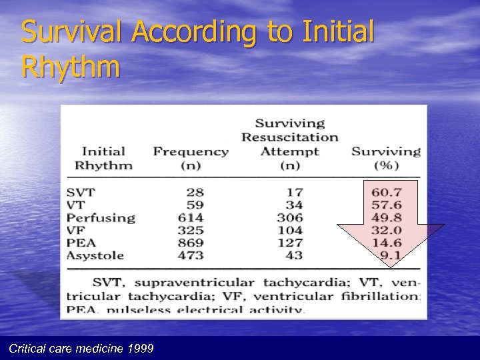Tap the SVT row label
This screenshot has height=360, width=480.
(81, 192)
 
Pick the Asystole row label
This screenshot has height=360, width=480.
(95, 255)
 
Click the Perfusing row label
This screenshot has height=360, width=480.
(101, 217)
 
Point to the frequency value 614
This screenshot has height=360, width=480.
(191, 217)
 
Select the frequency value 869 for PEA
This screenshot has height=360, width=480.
(191, 243)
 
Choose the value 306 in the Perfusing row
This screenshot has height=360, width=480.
(289, 217)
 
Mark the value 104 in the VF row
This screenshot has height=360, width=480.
(289, 230)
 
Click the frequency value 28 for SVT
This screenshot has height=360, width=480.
(195, 192)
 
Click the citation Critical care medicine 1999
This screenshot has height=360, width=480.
(79, 348)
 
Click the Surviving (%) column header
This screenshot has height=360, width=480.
(386, 158)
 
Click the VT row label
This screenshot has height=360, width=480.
(76, 205)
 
